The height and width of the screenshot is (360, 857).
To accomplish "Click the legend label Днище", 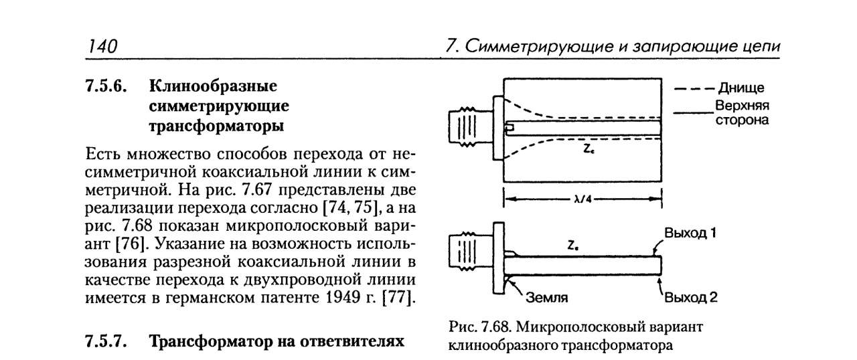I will click(741, 88).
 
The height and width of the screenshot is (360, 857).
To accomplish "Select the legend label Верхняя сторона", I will click(741, 113).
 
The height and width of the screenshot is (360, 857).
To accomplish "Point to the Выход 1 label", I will click(690, 234).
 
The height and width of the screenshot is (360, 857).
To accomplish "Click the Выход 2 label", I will click(690, 297).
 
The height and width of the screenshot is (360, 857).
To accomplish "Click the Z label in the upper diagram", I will click(587, 150).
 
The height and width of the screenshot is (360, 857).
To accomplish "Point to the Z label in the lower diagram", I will click(572, 246).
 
